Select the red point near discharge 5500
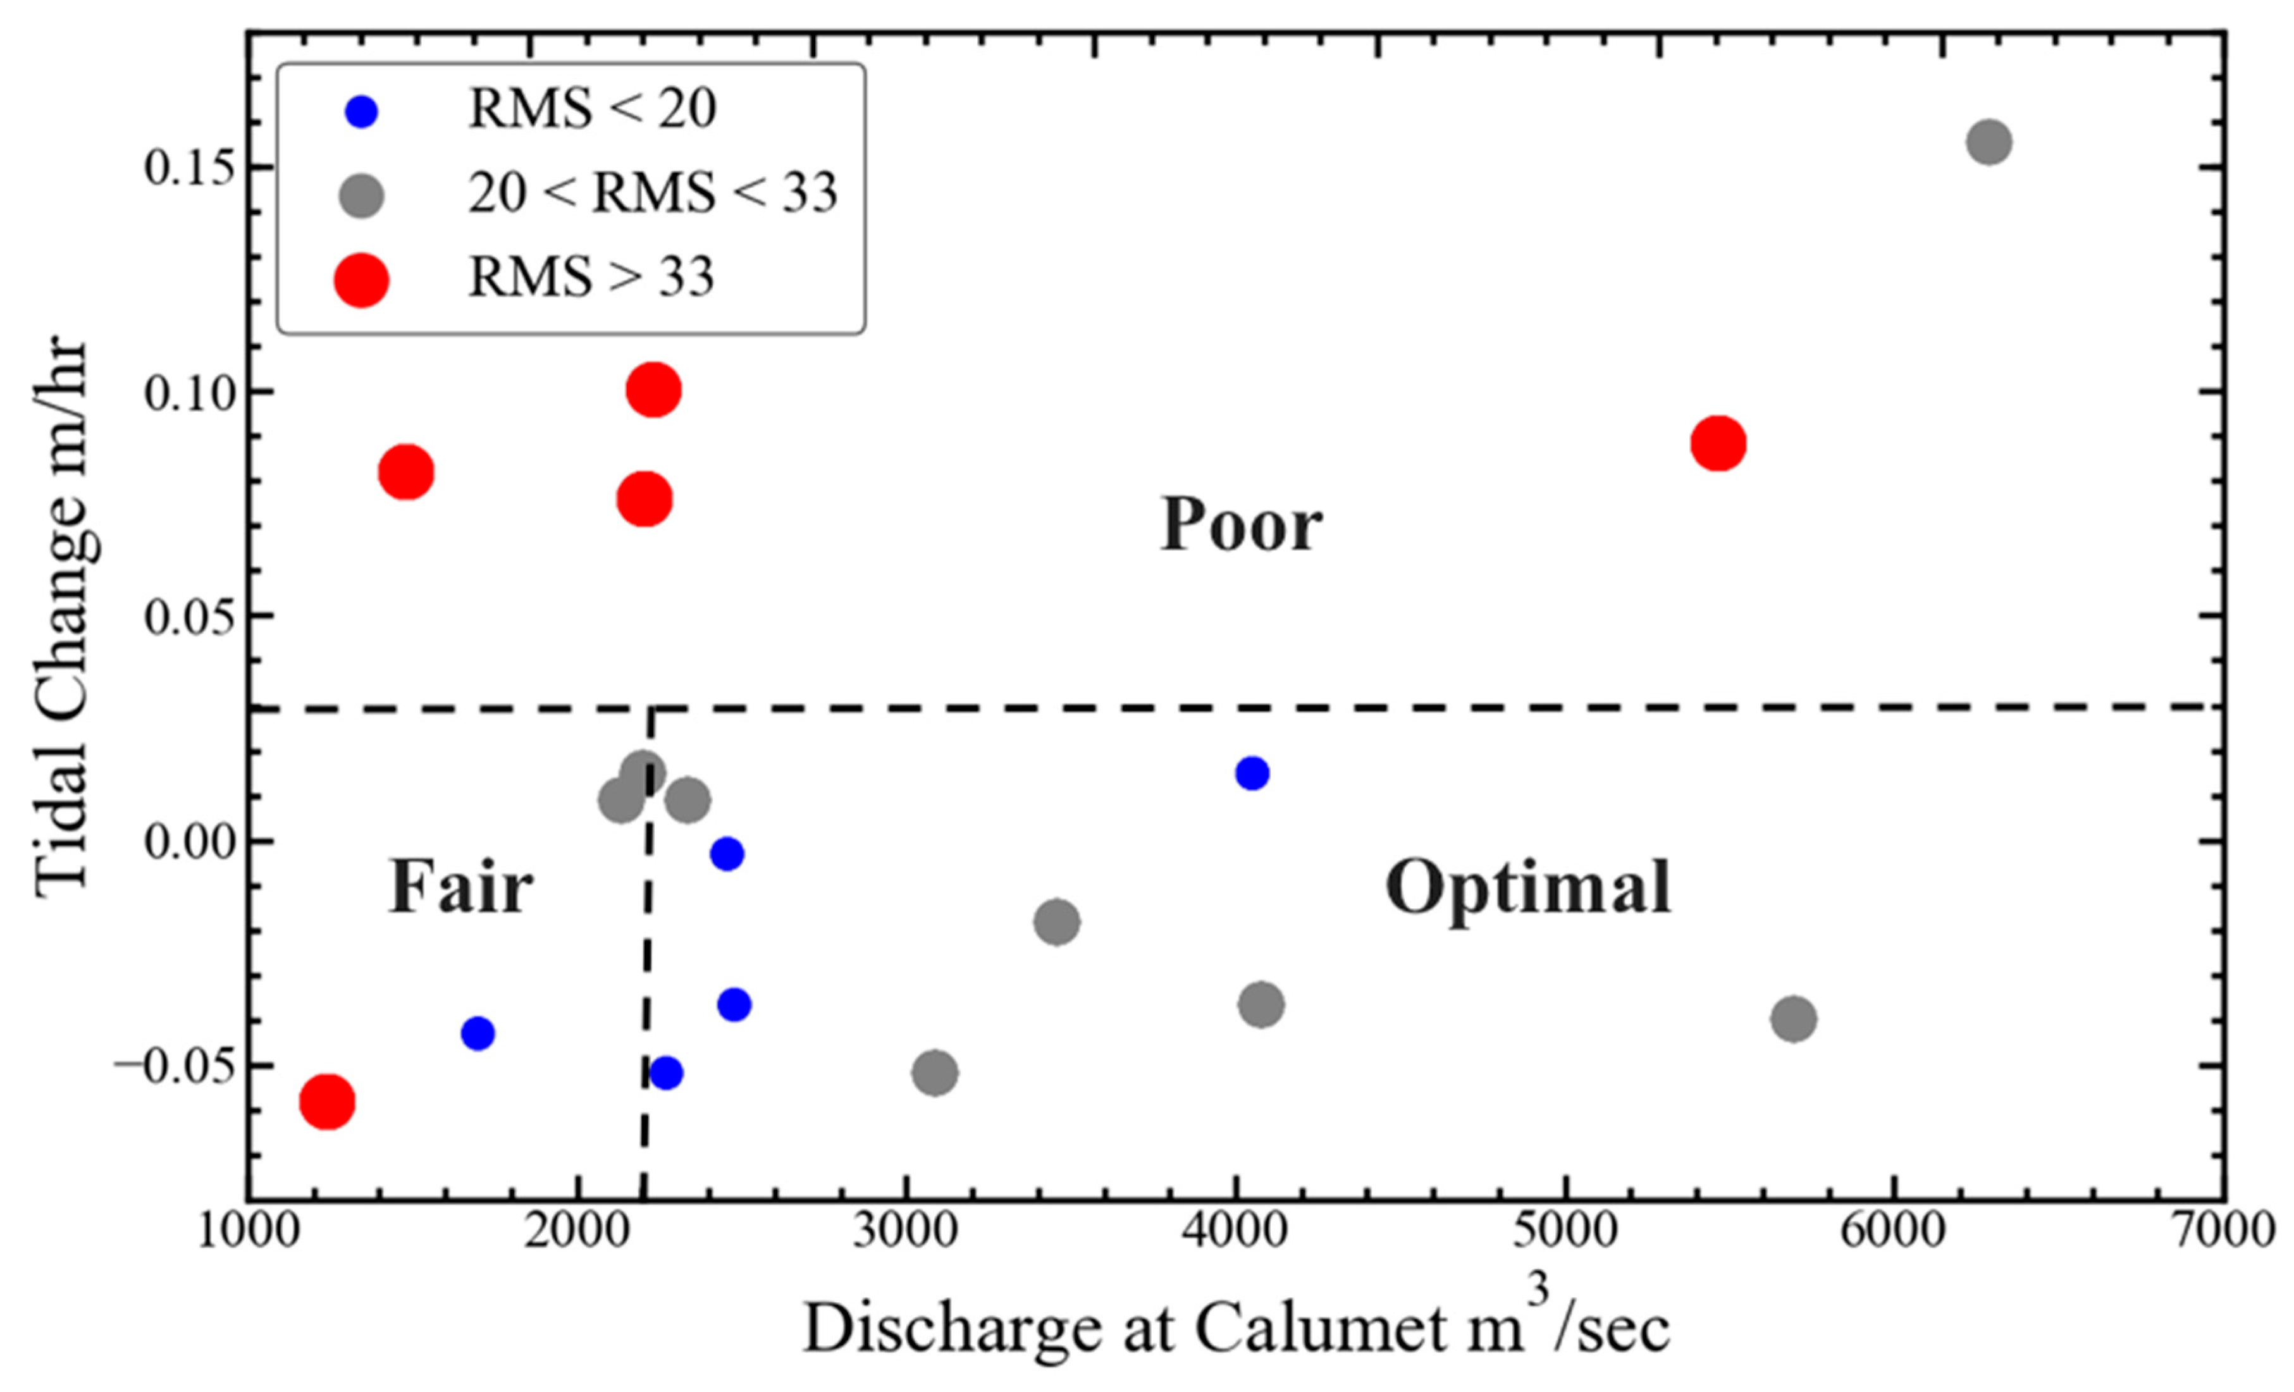[1718, 443]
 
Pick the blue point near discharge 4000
[1252, 773]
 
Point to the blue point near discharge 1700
[478, 1033]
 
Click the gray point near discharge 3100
[935, 1073]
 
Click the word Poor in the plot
[1241, 525]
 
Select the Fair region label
[461, 887]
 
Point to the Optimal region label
[1528, 887]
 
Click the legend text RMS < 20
[592, 110]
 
